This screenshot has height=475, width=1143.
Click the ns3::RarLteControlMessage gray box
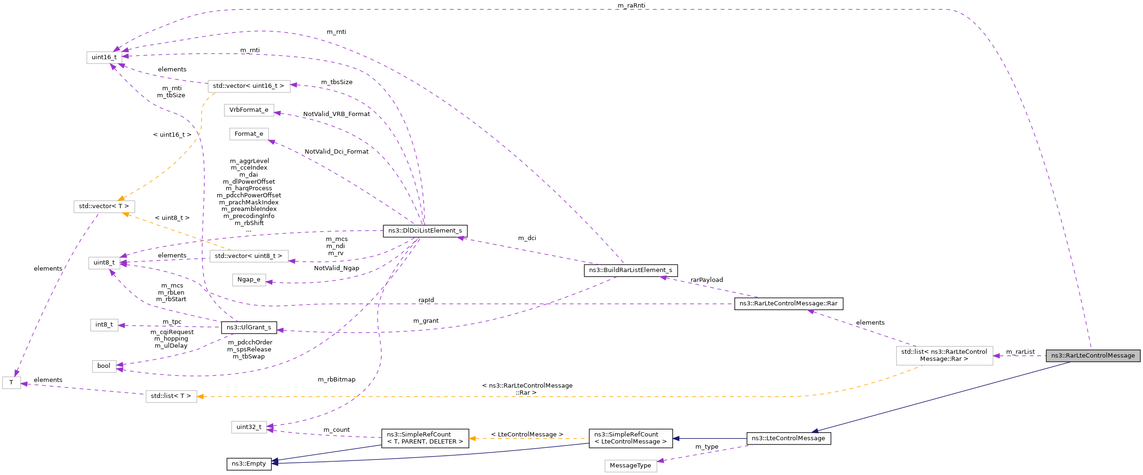[1093, 356]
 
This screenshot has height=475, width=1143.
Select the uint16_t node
[104, 57]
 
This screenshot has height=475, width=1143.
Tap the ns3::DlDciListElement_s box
[425, 231]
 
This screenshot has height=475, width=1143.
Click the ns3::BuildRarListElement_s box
[630, 270]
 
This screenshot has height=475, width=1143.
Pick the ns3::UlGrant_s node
[249, 327]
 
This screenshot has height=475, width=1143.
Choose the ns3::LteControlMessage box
[788, 438]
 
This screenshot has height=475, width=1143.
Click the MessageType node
[630, 466]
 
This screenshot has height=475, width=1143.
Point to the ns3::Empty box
[249, 464]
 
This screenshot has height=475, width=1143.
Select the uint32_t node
[249, 427]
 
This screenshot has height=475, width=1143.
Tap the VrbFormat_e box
[249, 110]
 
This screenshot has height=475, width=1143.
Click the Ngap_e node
[249, 280]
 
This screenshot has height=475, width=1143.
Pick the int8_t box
[104, 325]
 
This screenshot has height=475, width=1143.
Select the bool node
[104, 366]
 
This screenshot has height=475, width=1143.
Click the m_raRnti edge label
[631, 6]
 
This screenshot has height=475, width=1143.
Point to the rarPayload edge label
[706, 280]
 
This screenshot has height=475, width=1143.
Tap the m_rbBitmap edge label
[337, 380]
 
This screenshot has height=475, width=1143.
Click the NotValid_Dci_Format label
[336, 152]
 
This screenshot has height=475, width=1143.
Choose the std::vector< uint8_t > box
[249, 256]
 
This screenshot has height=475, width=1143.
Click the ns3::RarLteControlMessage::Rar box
[788, 304]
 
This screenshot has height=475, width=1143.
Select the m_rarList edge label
[1020, 352]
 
